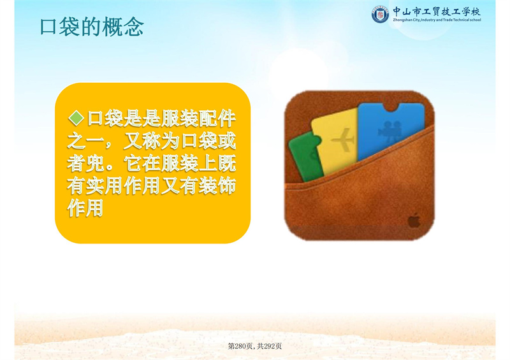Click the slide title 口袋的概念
click(92, 27)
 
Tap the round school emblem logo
click(380, 14)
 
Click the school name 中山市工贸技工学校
click(437, 11)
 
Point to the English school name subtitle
click(437, 20)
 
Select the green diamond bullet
click(76, 118)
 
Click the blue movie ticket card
click(391, 130)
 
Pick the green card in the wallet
click(306, 157)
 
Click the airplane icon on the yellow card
click(343, 140)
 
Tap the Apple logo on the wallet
click(414, 220)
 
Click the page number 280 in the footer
click(240, 347)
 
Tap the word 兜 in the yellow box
click(95, 163)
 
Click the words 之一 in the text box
click(85, 141)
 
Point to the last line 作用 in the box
click(85, 208)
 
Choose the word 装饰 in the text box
click(217, 185)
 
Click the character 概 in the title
click(112, 27)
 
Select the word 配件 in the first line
click(217, 119)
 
